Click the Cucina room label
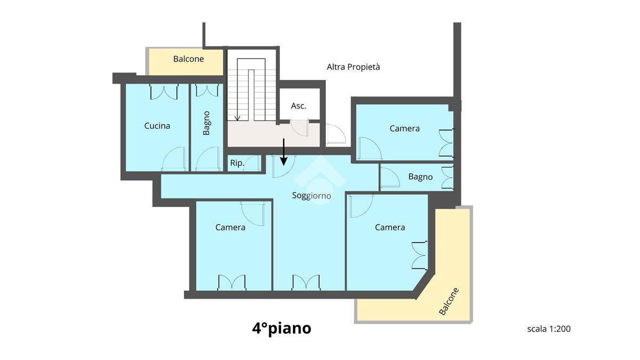(157, 126)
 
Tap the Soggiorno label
(311, 195)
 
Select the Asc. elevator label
(299, 106)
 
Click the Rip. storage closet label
(237, 163)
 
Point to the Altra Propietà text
(354, 67)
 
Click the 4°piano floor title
(282, 329)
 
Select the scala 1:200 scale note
(549, 329)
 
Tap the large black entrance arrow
(283, 152)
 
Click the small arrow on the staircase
(237, 117)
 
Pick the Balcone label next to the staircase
(189, 59)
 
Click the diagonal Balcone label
(449, 301)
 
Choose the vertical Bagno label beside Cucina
(206, 123)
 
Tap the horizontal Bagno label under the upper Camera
(420, 177)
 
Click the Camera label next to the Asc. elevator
(405, 129)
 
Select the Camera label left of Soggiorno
(230, 227)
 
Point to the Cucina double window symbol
(164, 91)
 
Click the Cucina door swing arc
(174, 159)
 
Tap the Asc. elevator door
(300, 127)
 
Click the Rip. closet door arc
(251, 163)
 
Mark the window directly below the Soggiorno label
(306, 282)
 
